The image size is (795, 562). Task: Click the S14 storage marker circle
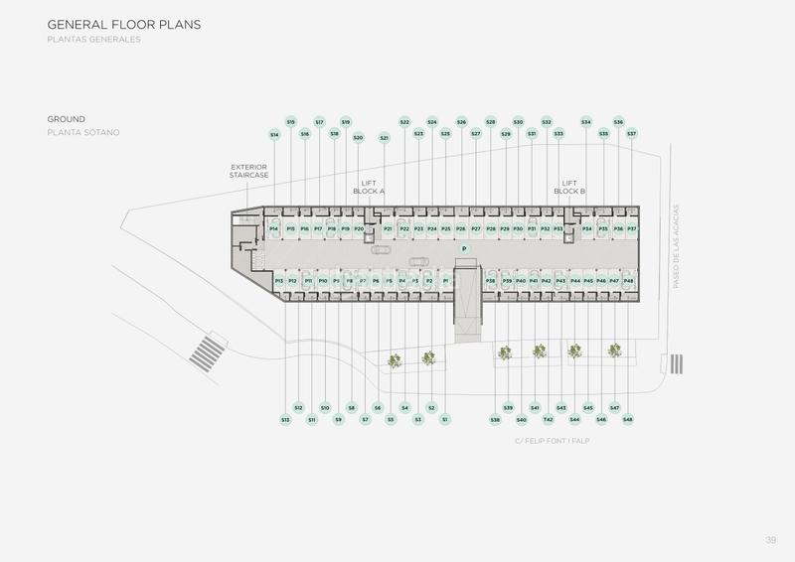tap(274, 134)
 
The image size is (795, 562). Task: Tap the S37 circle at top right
tap(632, 133)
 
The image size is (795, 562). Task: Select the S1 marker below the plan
tap(444, 420)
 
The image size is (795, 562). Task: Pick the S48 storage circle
tap(628, 420)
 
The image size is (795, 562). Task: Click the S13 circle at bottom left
tap(285, 420)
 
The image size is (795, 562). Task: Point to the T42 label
tap(548, 420)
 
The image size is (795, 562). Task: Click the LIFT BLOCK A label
tap(369, 187)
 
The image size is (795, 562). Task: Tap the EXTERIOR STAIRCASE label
tap(249, 171)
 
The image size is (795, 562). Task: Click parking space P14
tap(274, 229)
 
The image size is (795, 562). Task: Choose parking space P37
tap(632, 229)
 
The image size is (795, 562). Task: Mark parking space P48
tap(628, 282)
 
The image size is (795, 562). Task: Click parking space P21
tap(390, 229)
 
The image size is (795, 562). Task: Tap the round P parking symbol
tap(463, 248)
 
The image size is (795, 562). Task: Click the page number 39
tap(770, 539)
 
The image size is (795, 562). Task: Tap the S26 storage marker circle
tap(461, 122)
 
